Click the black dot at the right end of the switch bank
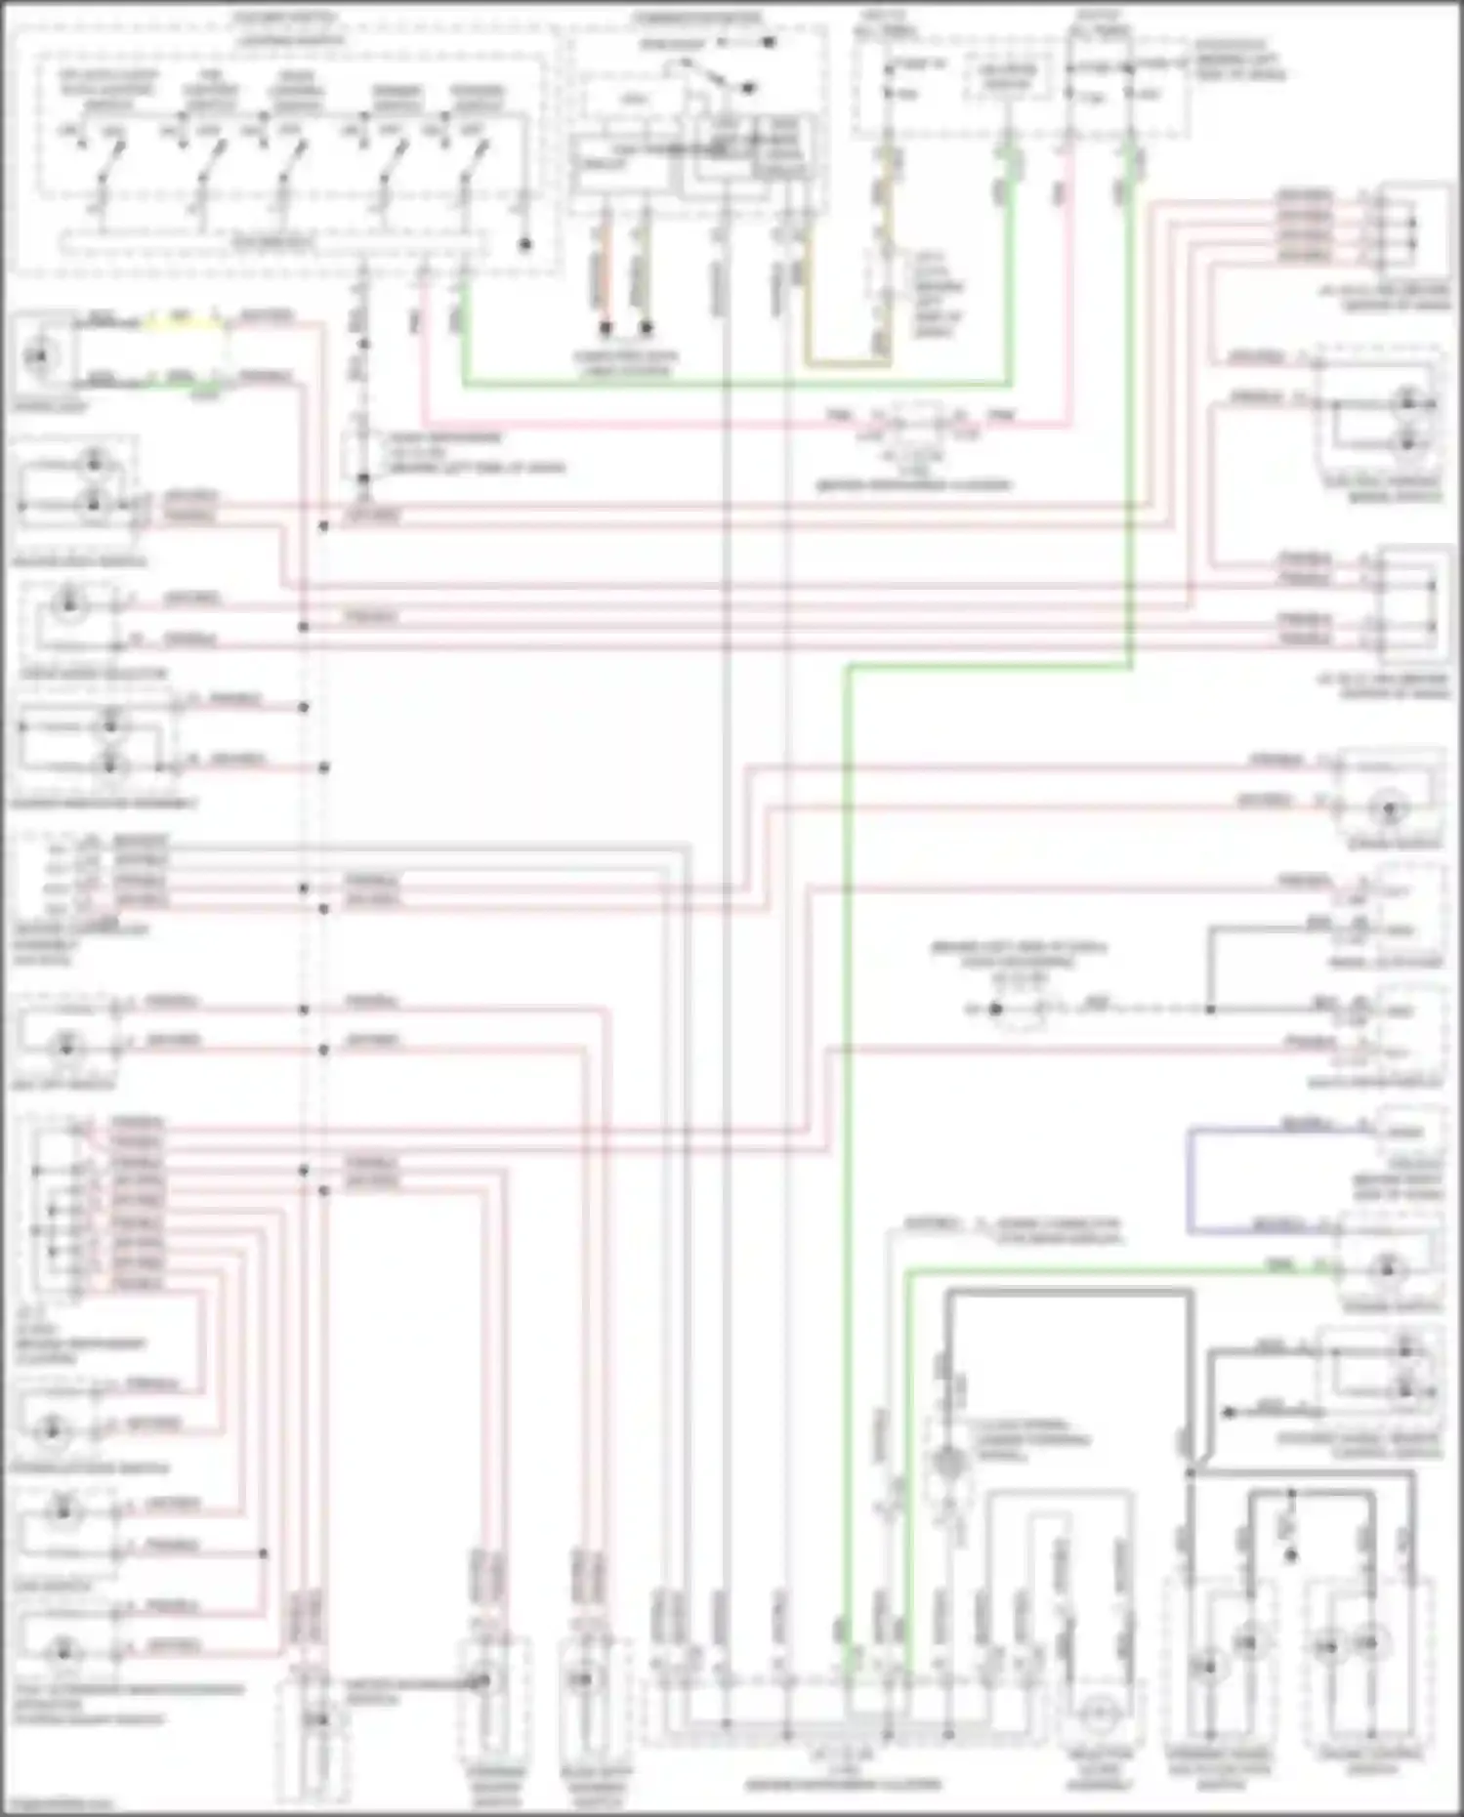pos(524,244)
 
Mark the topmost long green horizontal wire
pos(732,384)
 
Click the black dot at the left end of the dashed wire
pos(995,1009)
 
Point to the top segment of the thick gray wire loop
pos(1069,1293)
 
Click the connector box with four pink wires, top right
pos(1411,227)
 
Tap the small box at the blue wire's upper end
pos(1406,1131)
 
